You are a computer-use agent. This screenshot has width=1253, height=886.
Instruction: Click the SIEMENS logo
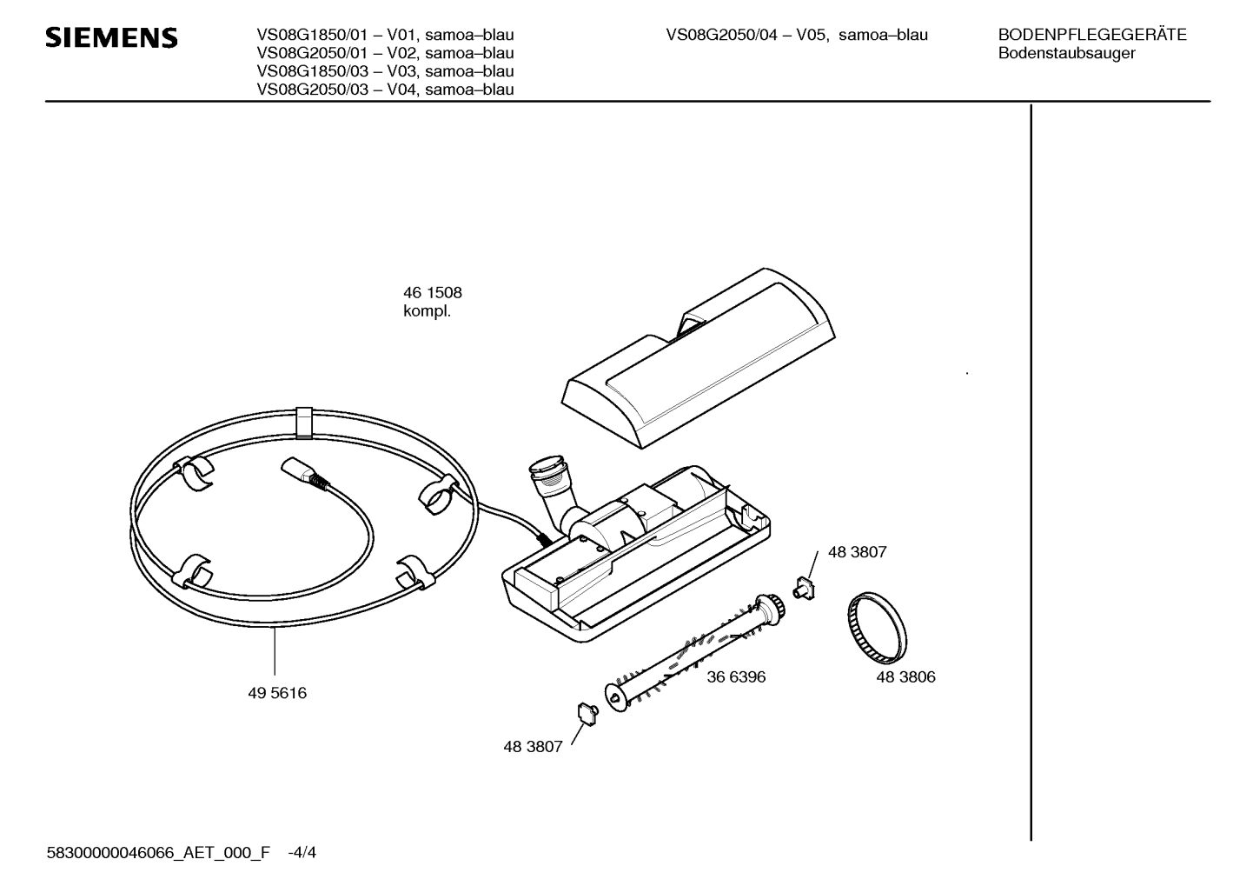[111, 37]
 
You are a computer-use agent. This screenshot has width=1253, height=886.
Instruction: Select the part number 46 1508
[433, 293]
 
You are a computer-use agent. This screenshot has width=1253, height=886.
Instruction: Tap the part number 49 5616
[277, 693]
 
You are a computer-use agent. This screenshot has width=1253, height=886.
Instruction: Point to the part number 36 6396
[736, 676]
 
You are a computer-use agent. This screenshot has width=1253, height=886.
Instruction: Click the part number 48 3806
[905, 676]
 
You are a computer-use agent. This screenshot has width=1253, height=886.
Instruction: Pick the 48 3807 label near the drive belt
[858, 552]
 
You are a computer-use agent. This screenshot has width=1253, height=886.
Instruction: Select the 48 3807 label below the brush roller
[533, 747]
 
